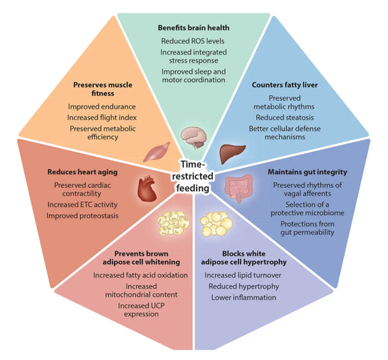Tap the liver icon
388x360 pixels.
tap(230, 153)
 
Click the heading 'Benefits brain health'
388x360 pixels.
tap(194, 28)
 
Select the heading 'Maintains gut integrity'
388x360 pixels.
tap(307, 172)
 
